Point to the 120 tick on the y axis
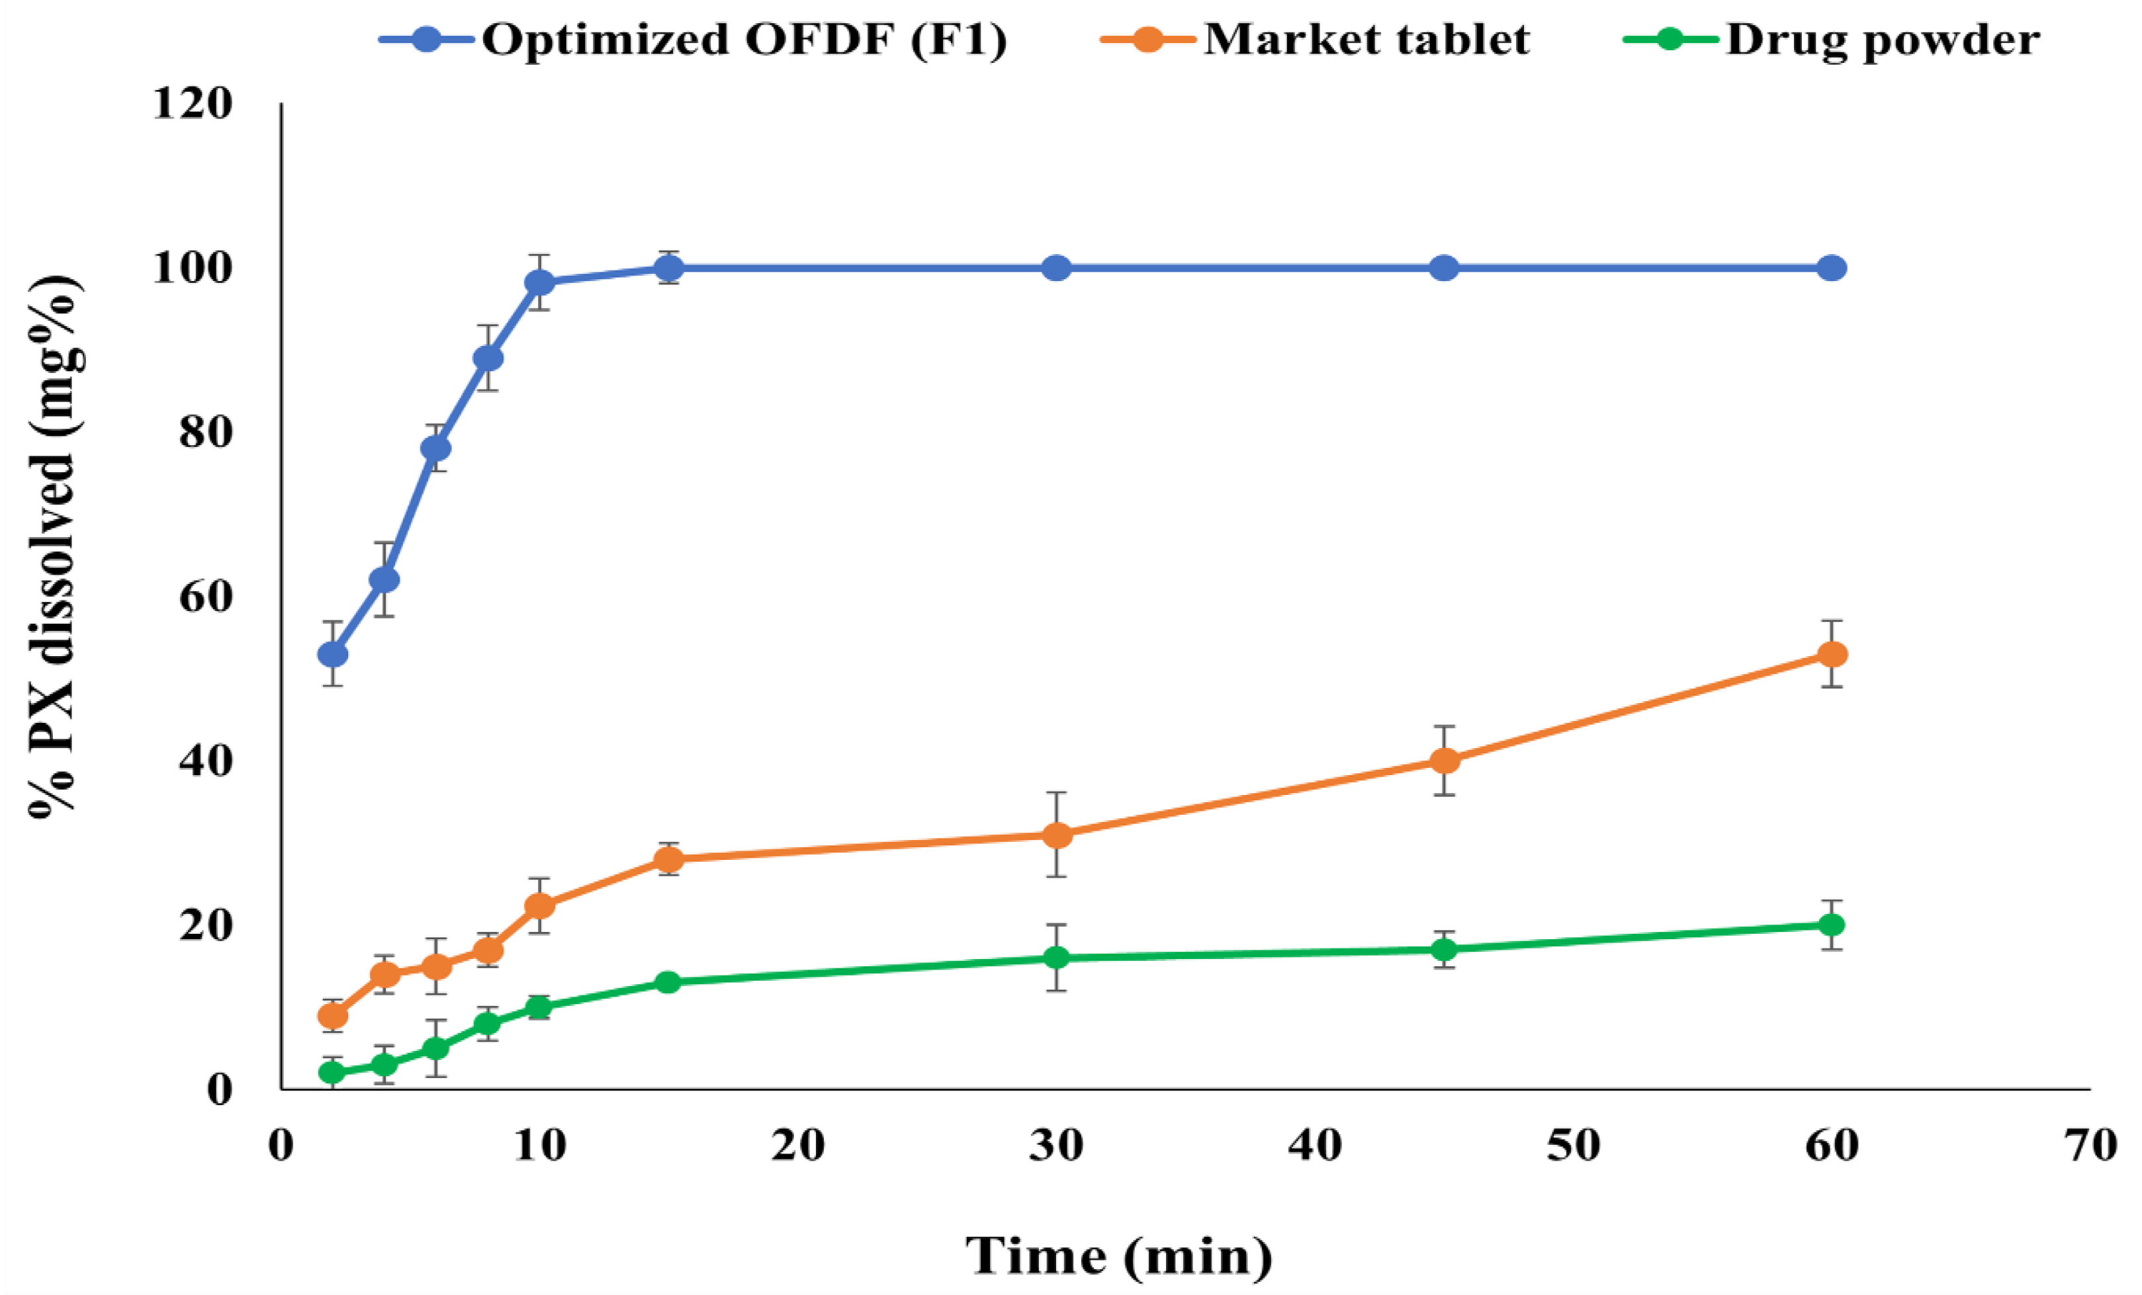[193, 104]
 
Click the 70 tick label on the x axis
[2090, 1146]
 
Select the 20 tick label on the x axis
[797, 1146]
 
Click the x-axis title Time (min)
[1120, 1257]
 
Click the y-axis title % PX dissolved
[54, 548]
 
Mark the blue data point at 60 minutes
[1832, 269]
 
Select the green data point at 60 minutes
[1832, 925]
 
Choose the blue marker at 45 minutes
[1444, 269]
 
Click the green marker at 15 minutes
[668, 982]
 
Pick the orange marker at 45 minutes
[1444, 761]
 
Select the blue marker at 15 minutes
[668, 269]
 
